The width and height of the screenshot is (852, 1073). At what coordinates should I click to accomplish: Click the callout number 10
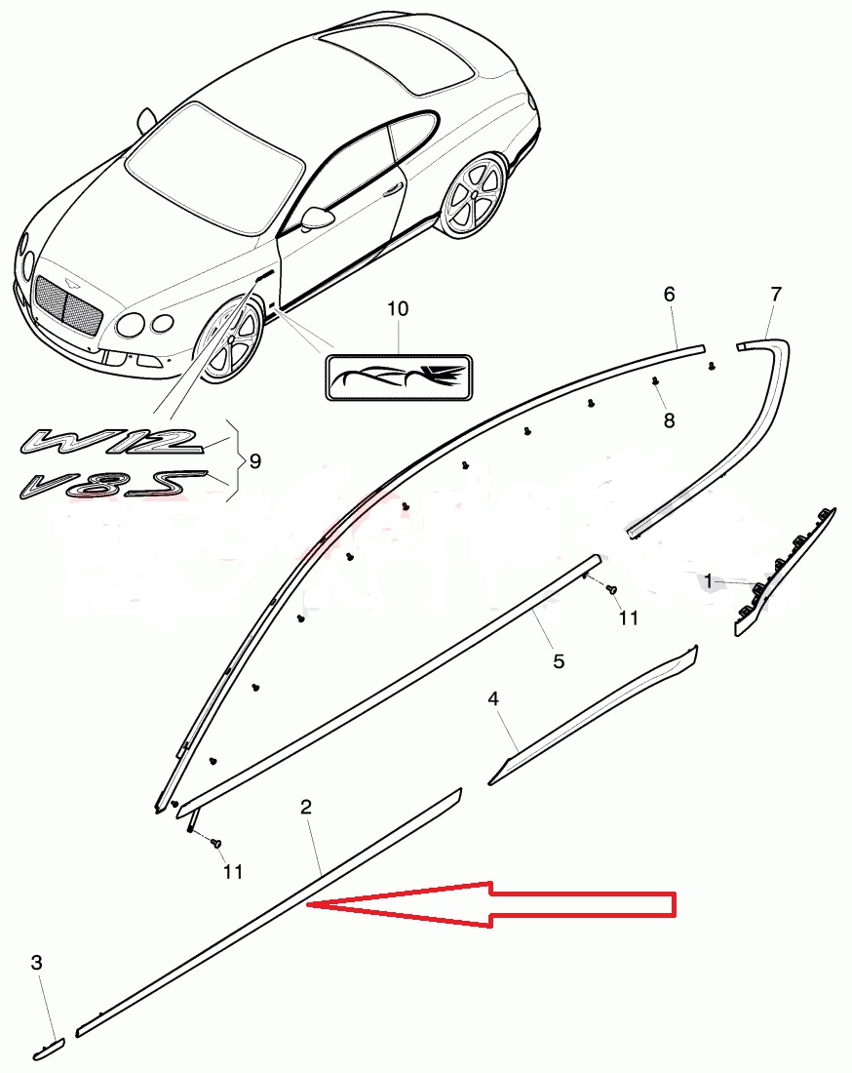pyautogui.click(x=398, y=308)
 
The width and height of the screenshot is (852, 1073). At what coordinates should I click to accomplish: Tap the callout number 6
pyautogui.click(x=669, y=295)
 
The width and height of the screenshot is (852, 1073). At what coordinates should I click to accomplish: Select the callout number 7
pyautogui.click(x=775, y=295)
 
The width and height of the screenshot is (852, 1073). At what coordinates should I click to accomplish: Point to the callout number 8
pyautogui.click(x=669, y=420)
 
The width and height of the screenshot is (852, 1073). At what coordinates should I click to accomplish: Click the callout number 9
pyautogui.click(x=255, y=461)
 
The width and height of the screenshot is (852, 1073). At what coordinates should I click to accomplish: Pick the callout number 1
pyautogui.click(x=709, y=581)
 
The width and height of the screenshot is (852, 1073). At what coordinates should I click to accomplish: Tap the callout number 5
pyautogui.click(x=559, y=661)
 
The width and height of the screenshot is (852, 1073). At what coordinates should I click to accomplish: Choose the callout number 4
pyautogui.click(x=493, y=698)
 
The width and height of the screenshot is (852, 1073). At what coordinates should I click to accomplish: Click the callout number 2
pyautogui.click(x=306, y=807)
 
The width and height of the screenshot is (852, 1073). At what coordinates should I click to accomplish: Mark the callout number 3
pyautogui.click(x=37, y=963)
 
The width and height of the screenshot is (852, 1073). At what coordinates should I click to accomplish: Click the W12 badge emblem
pyautogui.click(x=111, y=441)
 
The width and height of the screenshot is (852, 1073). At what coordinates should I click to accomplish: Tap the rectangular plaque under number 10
pyautogui.click(x=399, y=378)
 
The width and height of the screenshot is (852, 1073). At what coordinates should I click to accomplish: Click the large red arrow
pyautogui.click(x=491, y=904)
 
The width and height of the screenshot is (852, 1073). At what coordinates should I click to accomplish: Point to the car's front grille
pyautogui.click(x=67, y=305)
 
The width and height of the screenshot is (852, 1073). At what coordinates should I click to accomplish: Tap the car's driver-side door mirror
pyautogui.click(x=317, y=218)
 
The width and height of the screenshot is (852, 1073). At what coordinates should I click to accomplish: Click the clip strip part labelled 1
pyautogui.click(x=785, y=572)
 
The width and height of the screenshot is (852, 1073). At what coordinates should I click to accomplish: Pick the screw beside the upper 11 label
pyautogui.click(x=612, y=588)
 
